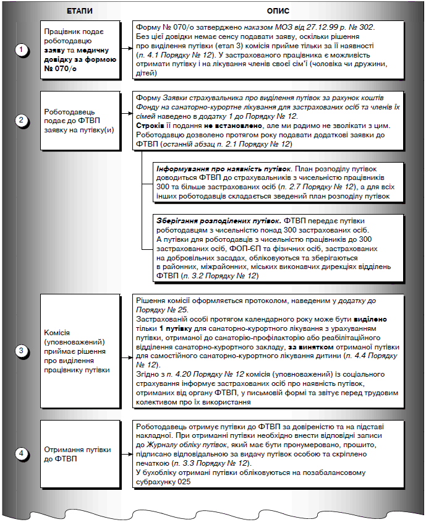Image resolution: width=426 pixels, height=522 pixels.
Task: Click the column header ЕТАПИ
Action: pyautogui.click(x=79, y=11)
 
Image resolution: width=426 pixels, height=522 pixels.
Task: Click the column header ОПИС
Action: pyautogui.click(x=277, y=11)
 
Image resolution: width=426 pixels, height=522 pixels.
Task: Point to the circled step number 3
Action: pyautogui.click(x=22, y=351)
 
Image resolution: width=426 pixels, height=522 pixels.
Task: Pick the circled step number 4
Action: pyautogui.click(x=22, y=453)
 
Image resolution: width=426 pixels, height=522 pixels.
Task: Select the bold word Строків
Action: pyautogui.click(x=150, y=125)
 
